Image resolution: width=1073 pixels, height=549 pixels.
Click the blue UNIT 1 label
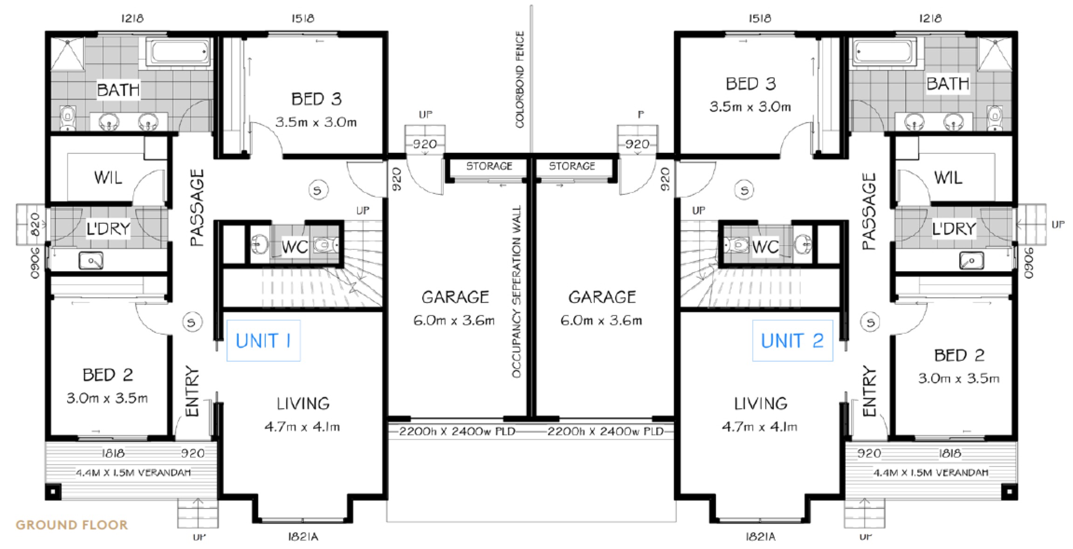263,341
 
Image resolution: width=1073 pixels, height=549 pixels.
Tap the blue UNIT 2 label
792,341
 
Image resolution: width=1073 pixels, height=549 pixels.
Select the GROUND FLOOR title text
72,525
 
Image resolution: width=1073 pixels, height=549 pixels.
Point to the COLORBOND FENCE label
520,79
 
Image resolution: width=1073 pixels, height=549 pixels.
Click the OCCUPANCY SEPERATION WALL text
516,292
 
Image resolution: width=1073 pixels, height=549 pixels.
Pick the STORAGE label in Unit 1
489,166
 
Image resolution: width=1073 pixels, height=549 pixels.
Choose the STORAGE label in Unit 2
572,166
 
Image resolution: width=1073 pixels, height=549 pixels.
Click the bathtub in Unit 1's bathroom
179,52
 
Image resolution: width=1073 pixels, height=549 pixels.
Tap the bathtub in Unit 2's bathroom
884,52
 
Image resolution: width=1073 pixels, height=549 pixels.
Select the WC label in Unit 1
295,247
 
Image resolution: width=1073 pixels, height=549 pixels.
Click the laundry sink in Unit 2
971,260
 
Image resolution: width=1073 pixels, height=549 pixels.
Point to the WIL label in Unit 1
108,178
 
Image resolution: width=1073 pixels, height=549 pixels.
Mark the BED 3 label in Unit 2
750,84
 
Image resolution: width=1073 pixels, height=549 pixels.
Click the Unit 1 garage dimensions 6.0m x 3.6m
454,321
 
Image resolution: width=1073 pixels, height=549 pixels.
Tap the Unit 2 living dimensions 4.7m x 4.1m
759,426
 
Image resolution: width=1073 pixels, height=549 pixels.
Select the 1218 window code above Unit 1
132,19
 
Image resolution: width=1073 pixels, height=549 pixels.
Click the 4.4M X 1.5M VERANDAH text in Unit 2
930,473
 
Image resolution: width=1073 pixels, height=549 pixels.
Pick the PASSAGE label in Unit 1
198,207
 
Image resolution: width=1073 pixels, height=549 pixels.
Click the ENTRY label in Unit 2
869,391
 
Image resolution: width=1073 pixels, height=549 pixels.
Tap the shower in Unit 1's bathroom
68,55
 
